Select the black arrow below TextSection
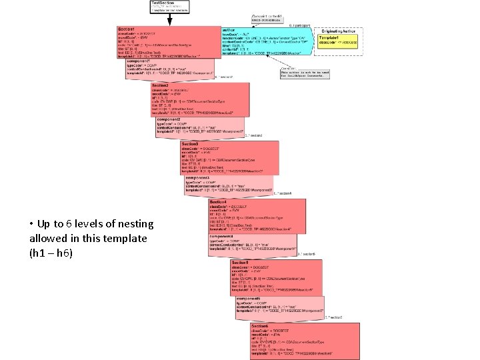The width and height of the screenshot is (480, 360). click(169, 20)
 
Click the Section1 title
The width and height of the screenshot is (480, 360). click(126, 30)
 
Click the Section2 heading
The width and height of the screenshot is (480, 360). click(160, 86)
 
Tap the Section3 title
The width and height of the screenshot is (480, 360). click(191, 144)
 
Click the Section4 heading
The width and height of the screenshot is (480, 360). click(219, 201)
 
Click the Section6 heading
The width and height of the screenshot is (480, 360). click(261, 326)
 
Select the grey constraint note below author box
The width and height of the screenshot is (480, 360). click(304, 73)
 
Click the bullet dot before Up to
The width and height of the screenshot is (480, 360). click(31, 224)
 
